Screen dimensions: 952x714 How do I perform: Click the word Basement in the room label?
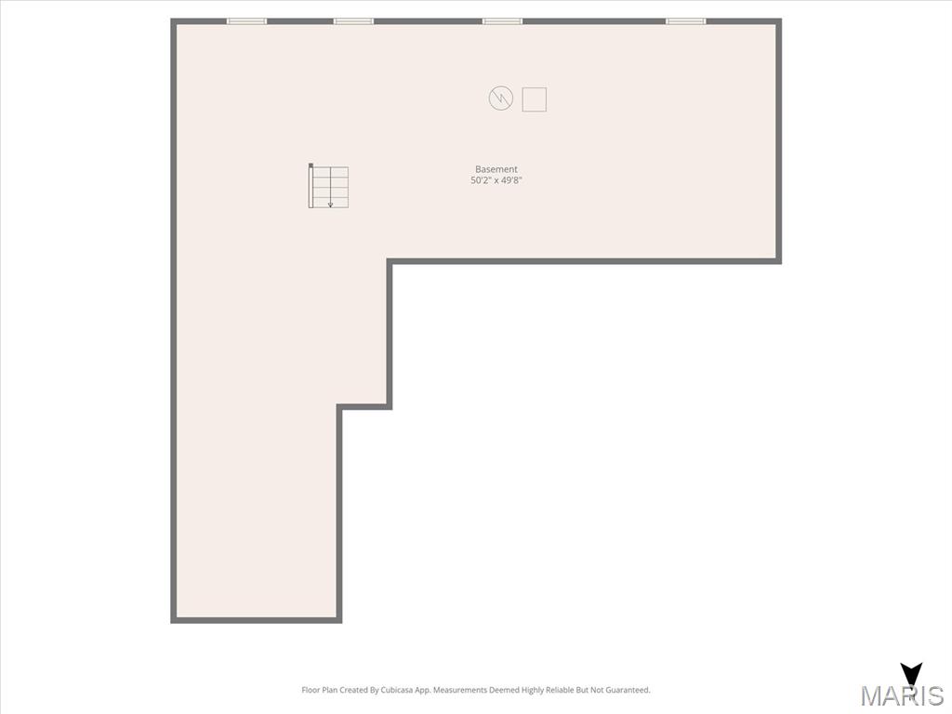[496, 169]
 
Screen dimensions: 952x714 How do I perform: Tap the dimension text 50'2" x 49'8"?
[496, 180]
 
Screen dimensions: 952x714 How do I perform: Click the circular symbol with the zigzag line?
[501, 99]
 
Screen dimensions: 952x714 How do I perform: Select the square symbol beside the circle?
[535, 99]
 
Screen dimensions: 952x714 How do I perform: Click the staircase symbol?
[328, 186]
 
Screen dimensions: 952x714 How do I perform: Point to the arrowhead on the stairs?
[330, 205]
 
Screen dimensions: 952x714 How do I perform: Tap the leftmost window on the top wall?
[246, 21]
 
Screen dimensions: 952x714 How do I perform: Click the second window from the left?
[353, 21]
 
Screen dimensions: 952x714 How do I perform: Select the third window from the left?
[502, 21]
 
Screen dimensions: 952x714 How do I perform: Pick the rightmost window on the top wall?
[686, 21]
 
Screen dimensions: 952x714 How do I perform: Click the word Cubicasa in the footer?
[397, 690]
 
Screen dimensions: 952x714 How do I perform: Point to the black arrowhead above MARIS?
[911, 673]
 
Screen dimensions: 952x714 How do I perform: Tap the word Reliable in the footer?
[560, 690]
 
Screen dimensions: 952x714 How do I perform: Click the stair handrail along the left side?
[311, 186]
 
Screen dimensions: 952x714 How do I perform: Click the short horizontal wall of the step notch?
[364, 407]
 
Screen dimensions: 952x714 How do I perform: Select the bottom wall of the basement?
[257, 620]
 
